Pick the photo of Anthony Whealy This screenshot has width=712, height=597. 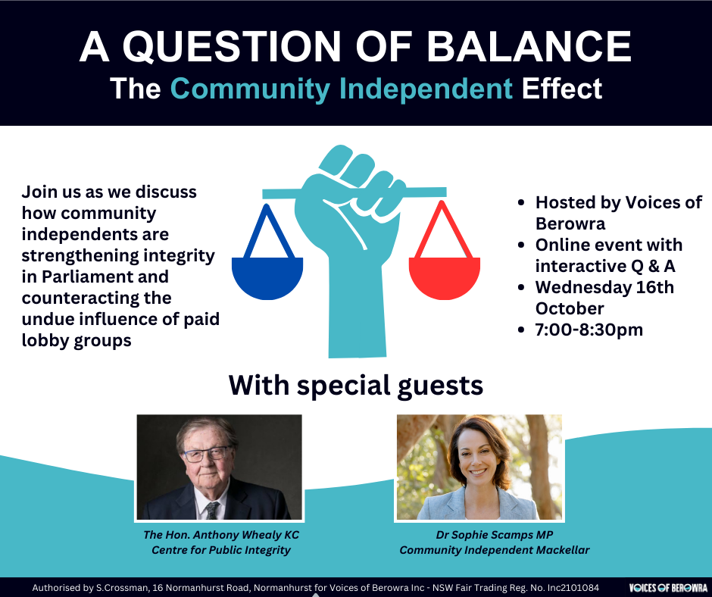tap(219, 467)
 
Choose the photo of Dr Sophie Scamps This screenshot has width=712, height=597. tap(479, 467)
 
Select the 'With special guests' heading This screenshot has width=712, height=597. tap(356, 386)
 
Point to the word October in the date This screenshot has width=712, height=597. tap(570, 309)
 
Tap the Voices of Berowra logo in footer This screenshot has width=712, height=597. tap(667, 588)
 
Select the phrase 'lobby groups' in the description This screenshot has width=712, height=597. tap(77, 341)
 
